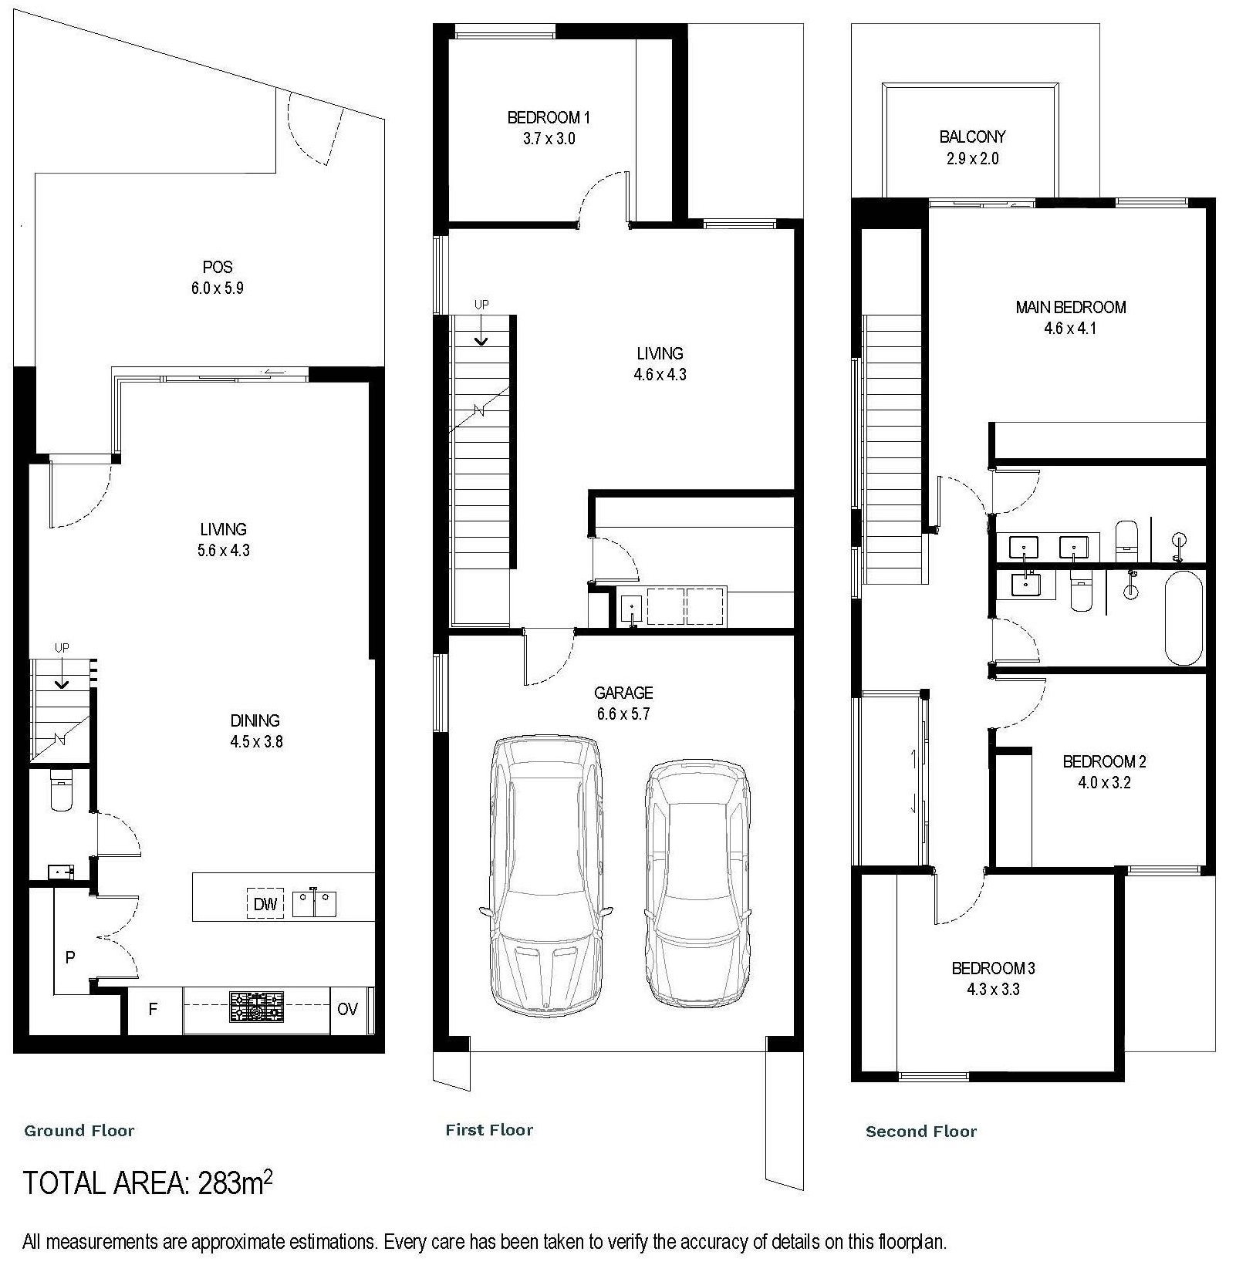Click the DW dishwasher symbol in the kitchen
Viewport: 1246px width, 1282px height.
pyautogui.click(x=265, y=903)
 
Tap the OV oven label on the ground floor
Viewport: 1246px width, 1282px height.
pyautogui.click(x=347, y=1009)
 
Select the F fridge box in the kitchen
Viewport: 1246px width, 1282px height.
pyautogui.click(x=153, y=1009)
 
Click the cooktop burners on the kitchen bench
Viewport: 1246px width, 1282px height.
pyautogui.click(x=256, y=1006)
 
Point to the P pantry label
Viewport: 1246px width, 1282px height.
pyautogui.click(x=70, y=957)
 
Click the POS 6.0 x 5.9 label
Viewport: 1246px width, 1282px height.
pyautogui.click(x=218, y=277)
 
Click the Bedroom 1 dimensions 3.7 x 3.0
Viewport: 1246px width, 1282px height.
pyautogui.click(x=549, y=139)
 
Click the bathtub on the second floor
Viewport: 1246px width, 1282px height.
pyautogui.click(x=1184, y=617)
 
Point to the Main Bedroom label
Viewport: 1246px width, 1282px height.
pyautogui.click(x=1070, y=307)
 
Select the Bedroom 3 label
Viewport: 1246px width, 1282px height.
pyautogui.click(x=993, y=967)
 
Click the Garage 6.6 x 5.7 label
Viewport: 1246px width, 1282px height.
pyautogui.click(x=623, y=703)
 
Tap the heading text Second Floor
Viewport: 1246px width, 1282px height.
pyautogui.click(x=920, y=1132)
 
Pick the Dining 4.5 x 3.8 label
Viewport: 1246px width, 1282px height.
pyautogui.click(x=255, y=730)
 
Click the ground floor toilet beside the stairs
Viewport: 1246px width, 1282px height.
pyautogui.click(x=60, y=791)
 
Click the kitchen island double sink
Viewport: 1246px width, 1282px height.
pyautogui.click(x=314, y=903)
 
